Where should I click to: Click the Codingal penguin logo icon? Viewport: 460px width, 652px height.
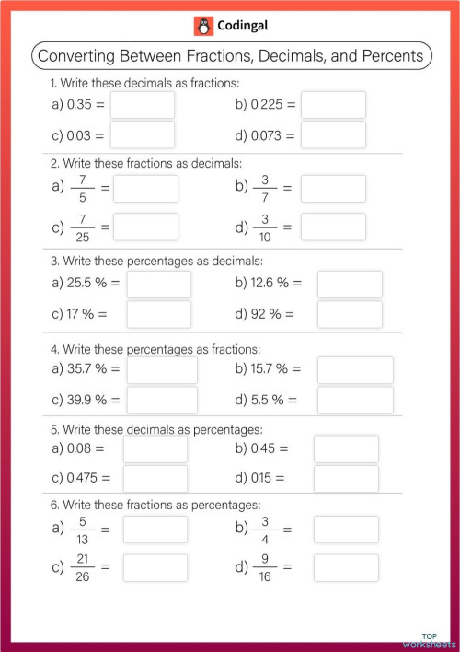click(202, 26)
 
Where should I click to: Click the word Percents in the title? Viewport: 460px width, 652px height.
click(392, 56)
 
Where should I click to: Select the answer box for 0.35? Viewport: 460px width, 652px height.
click(142, 105)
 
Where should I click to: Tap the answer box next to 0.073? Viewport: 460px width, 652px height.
click(333, 135)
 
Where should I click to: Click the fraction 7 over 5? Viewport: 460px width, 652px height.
click(82, 188)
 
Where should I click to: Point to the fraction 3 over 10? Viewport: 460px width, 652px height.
click(264, 227)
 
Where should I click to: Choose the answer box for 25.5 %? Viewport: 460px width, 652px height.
click(159, 285)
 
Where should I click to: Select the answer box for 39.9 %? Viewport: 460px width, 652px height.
click(162, 400)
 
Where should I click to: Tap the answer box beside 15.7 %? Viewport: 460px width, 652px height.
click(355, 370)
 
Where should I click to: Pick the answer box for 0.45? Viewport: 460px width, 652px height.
click(346, 449)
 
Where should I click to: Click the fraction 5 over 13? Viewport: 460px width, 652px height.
click(82, 530)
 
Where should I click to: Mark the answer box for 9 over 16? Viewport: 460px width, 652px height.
click(346, 567)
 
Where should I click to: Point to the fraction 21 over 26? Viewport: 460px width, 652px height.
click(82, 567)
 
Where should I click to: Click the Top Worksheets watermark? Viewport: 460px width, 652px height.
click(429, 639)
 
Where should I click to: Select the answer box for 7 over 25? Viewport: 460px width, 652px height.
click(145, 227)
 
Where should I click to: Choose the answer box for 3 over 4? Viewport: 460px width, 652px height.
click(346, 530)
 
